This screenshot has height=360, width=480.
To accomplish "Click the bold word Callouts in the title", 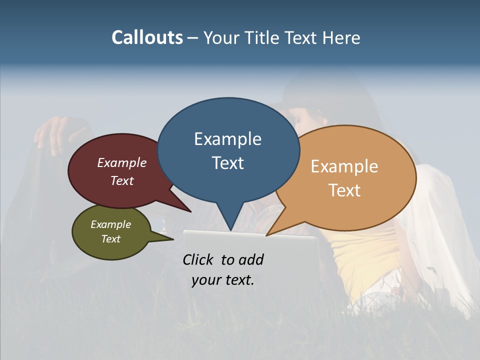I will click(x=147, y=37).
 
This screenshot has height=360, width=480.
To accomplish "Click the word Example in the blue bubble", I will click(x=227, y=139).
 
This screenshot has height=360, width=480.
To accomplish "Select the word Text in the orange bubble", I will click(x=344, y=190).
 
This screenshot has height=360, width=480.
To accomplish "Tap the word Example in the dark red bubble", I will click(x=122, y=163).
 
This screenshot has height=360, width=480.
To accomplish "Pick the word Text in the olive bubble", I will click(x=111, y=239).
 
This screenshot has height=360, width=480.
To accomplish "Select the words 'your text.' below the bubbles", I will click(x=223, y=280).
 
